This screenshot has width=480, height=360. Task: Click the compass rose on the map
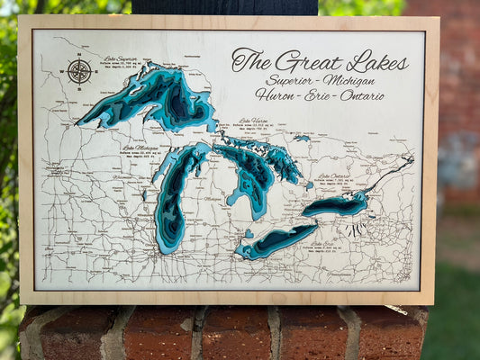click(79, 71)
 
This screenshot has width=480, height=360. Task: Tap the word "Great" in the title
click(306, 61)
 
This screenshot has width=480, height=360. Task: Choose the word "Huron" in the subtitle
click(276, 95)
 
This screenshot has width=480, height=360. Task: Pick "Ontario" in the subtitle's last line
click(362, 95)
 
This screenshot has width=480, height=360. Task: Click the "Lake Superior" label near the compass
click(120, 58)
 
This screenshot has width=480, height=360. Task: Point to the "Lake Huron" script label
click(253, 121)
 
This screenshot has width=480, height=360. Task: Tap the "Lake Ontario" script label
click(334, 176)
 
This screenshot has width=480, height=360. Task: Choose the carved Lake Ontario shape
click(335, 204)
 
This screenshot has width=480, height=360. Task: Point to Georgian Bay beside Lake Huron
click(275, 157)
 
